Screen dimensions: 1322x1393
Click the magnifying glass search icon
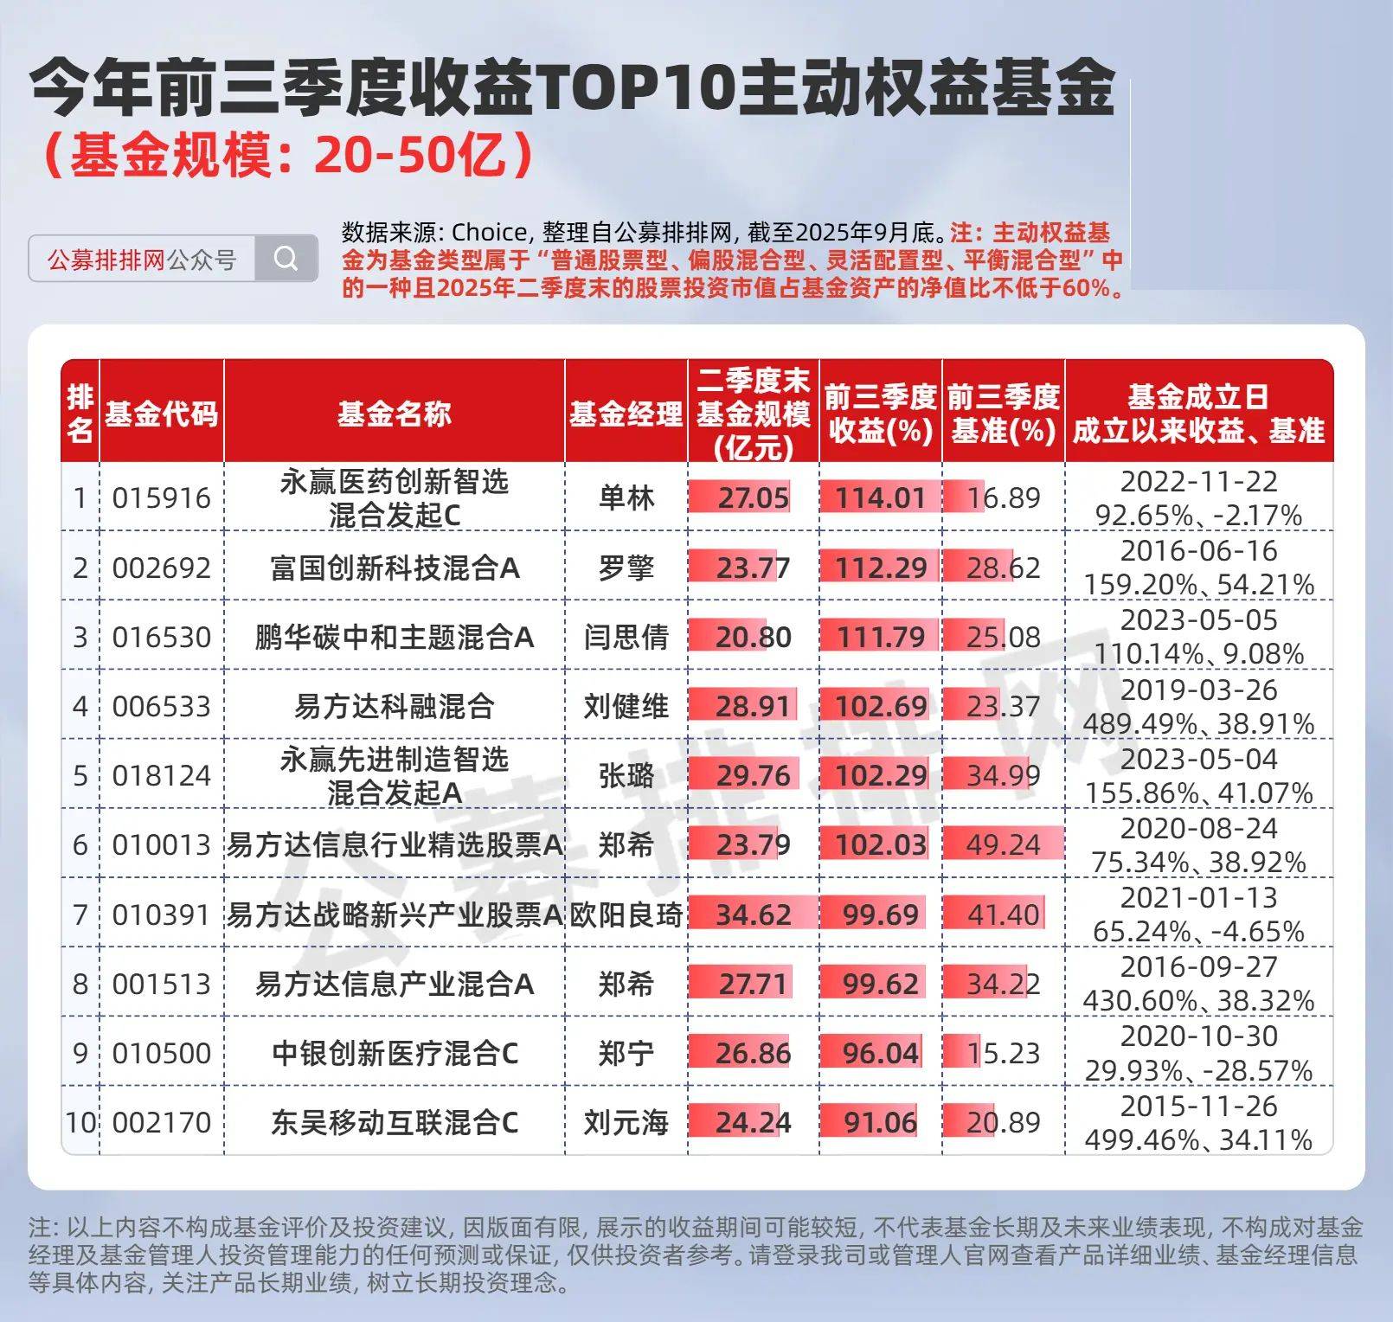pos(286,258)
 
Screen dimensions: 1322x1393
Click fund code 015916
pos(161,498)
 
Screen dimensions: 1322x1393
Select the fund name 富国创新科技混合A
pos(395,568)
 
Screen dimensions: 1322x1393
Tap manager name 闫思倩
pos(626,638)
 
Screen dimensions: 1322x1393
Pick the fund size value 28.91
pos(753,707)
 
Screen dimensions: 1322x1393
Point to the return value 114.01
pos(880,498)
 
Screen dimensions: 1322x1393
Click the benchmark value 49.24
pos(1003,844)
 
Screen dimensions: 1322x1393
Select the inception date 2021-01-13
pos(1198,898)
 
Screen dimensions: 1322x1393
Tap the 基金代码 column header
pos(161,414)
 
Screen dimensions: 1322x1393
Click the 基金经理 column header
pos(626,414)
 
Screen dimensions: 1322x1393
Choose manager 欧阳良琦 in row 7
pos(626,914)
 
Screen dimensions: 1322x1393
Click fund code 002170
pos(161,1122)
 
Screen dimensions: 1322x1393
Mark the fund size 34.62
pos(753,914)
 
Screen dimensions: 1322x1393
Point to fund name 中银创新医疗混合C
pos(395,1053)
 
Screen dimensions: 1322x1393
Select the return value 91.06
pos(880,1122)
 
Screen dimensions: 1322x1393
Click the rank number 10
pos(80,1122)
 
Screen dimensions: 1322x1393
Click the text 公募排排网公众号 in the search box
pos(142,259)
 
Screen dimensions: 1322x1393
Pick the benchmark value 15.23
pos(1003,1053)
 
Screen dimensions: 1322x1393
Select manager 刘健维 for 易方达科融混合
pos(626,707)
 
